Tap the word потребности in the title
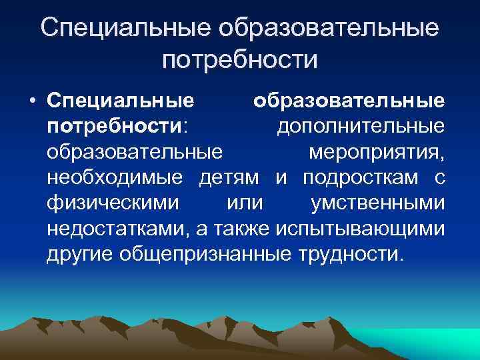coord(240,59)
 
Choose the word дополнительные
coord(361,127)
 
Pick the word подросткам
coord(359,178)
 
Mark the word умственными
coord(378,203)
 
